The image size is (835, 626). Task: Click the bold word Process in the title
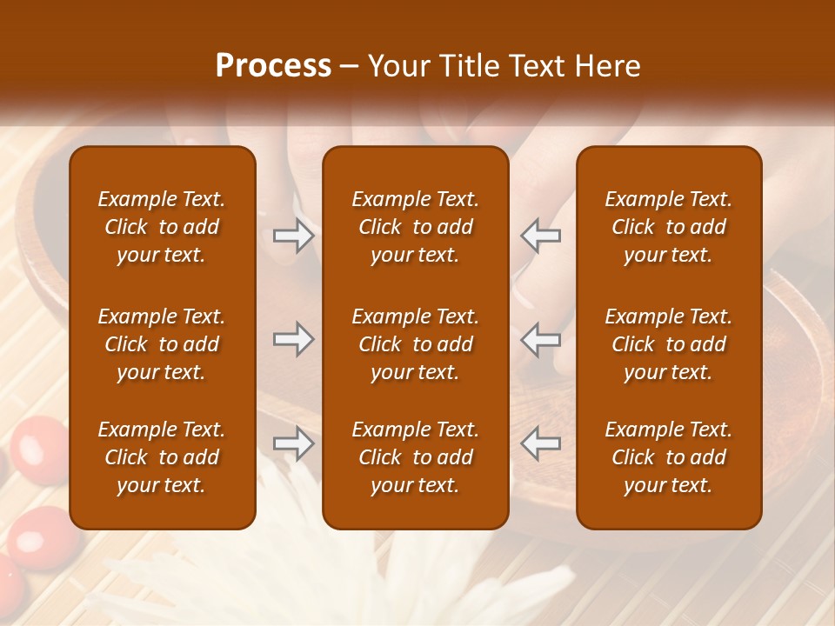273,66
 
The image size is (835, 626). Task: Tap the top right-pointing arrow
293,236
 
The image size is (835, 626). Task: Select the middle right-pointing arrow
293,339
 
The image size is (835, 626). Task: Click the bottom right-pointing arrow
293,444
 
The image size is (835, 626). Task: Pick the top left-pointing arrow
540,236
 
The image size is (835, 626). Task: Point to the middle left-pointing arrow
540,339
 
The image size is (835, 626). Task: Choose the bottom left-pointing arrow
540,444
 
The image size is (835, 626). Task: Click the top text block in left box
162,227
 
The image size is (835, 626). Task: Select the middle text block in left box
162,344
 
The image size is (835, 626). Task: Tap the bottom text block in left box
162,457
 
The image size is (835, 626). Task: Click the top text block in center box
415,227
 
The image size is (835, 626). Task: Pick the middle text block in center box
415,344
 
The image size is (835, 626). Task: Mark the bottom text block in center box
415,457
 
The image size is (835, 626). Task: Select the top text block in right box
668,227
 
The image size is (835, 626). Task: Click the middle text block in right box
668,344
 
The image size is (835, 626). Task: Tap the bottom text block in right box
668,457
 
